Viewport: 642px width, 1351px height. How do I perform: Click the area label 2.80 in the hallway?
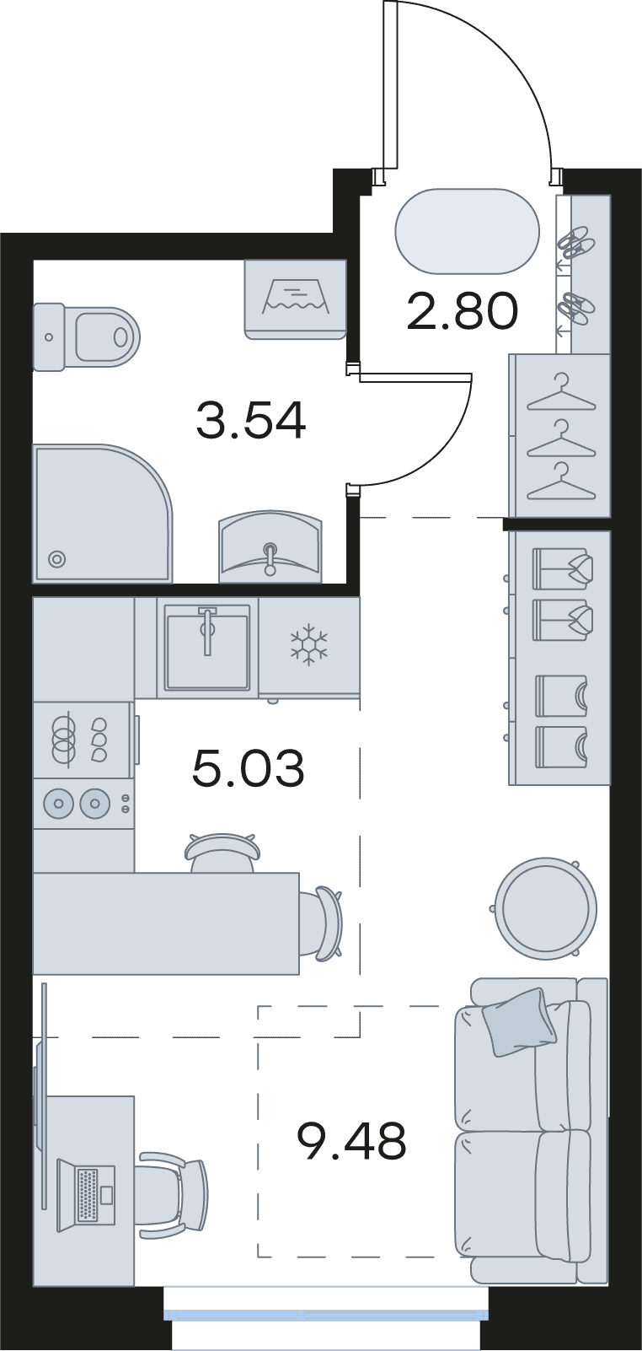tap(463, 311)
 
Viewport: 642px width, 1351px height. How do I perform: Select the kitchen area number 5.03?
tap(248, 768)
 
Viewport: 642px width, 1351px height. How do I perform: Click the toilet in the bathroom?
tap(86, 336)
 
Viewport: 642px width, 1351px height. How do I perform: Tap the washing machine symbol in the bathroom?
tap(296, 299)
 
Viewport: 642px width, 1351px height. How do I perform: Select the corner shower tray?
tap(103, 514)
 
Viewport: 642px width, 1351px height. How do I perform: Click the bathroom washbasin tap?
tap(270, 558)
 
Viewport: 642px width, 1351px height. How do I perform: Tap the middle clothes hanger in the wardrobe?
tap(561, 438)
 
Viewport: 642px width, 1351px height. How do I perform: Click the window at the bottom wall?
tap(326, 1311)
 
